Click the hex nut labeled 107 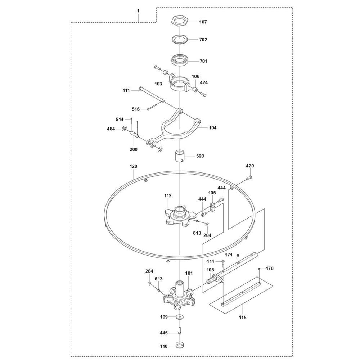180,21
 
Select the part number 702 203,40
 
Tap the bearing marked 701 180,60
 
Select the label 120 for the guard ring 134,166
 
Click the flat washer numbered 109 180,317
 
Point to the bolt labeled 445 180,333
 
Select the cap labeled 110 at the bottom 180,345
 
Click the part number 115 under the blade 242,317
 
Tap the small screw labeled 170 259,269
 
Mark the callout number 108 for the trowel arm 210,270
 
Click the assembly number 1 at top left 138,11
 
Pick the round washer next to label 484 124,129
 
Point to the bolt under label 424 203,94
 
